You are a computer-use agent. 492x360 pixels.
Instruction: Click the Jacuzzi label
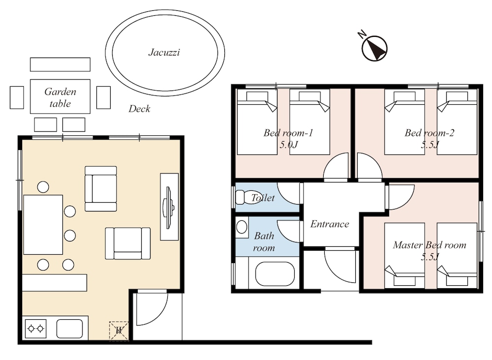click(164, 52)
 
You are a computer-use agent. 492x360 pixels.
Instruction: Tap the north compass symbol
click(374, 48)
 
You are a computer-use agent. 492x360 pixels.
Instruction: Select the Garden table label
click(60, 97)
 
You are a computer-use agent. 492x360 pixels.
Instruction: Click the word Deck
click(139, 109)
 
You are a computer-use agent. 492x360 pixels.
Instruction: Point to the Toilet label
click(263, 198)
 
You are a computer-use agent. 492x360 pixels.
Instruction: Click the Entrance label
click(330, 224)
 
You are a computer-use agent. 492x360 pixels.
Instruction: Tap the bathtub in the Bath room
click(275, 274)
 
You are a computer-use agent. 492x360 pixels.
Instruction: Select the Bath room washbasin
click(242, 226)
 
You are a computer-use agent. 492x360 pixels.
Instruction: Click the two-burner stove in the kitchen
click(35, 329)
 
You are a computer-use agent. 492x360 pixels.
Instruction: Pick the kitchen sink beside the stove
click(70, 329)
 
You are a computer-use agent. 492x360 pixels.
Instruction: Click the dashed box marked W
click(119, 331)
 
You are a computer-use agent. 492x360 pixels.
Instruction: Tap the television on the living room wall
click(169, 208)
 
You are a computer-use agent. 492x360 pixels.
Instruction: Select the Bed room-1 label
click(288, 133)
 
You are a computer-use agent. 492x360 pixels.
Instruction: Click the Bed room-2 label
click(429, 133)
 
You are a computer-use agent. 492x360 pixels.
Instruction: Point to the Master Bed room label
click(430, 245)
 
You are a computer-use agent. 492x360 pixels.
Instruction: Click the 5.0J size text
click(288, 145)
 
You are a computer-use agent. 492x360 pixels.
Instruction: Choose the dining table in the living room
click(43, 225)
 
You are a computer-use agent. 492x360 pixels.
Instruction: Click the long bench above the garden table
click(60, 64)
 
